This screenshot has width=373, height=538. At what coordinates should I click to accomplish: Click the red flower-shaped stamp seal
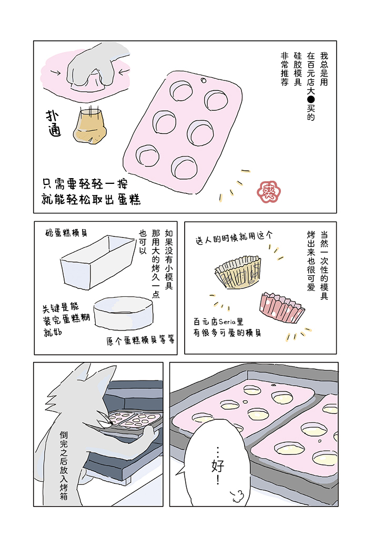(269, 192)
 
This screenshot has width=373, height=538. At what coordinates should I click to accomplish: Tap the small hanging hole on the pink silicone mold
(203, 80)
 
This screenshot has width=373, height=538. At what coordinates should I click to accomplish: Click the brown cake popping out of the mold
(89, 126)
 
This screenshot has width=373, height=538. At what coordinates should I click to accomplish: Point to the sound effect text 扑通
(54, 123)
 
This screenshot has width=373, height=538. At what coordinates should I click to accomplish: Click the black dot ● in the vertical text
(311, 100)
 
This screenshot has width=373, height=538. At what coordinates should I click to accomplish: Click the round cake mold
(124, 313)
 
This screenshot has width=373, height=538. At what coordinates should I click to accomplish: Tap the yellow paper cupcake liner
(238, 272)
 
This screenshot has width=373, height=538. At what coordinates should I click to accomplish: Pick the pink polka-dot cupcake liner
(281, 308)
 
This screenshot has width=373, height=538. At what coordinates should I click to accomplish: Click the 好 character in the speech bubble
(218, 466)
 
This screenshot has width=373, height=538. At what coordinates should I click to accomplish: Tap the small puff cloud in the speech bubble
(237, 495)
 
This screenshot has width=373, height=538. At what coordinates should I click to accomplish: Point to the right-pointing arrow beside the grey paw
(55, 73)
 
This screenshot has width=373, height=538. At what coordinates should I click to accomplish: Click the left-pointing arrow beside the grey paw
(125, 71)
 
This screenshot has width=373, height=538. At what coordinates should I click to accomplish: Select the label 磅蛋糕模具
(67, 233)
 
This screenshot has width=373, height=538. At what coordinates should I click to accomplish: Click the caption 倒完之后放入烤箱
(64, 465)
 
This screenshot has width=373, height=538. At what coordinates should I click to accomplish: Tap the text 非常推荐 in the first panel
(285, 69)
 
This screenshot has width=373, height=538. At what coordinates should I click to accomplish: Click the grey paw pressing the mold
(98, 67)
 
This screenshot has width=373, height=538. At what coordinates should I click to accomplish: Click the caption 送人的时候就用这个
(234, 237)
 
